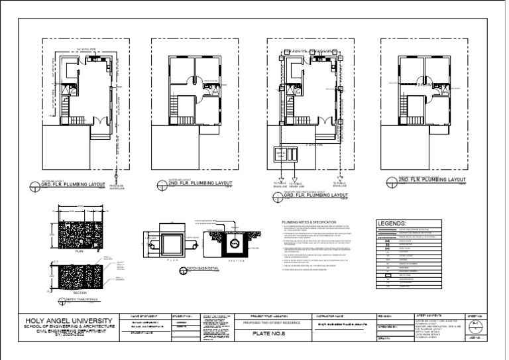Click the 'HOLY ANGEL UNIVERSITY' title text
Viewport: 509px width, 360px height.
click(x=66, y=320)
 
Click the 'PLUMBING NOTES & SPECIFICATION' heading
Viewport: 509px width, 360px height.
click(x=309, y=222)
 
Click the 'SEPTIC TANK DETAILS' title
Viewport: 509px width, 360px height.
click(x=78, y=300)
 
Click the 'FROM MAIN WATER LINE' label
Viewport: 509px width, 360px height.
click(x=117, y=187)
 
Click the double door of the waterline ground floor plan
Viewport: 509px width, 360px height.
click(x=97, y=122)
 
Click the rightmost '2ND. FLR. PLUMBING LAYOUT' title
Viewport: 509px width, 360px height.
click(x=431, y=180)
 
